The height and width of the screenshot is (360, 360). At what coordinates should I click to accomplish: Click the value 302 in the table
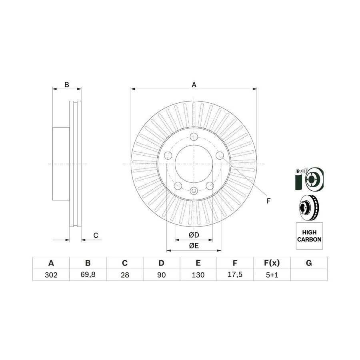tap(51, 274)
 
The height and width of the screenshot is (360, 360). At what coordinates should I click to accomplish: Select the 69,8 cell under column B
tap(88, 274)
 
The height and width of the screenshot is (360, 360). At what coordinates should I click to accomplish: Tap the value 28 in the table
tap(125, 274)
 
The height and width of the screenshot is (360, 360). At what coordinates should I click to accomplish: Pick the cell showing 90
tap(162, 274)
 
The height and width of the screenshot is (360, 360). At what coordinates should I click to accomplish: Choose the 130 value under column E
tap(198, 274)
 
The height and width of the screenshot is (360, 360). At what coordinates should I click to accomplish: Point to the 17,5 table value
tap(235, 274)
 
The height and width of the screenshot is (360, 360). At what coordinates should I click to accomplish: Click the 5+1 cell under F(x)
tap(272, 274)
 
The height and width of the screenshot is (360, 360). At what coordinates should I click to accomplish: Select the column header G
tap(309, 263)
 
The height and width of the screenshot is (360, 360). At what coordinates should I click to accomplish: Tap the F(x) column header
tap(272, 263)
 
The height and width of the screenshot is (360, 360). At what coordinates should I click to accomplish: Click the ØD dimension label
tap(194, 235)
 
